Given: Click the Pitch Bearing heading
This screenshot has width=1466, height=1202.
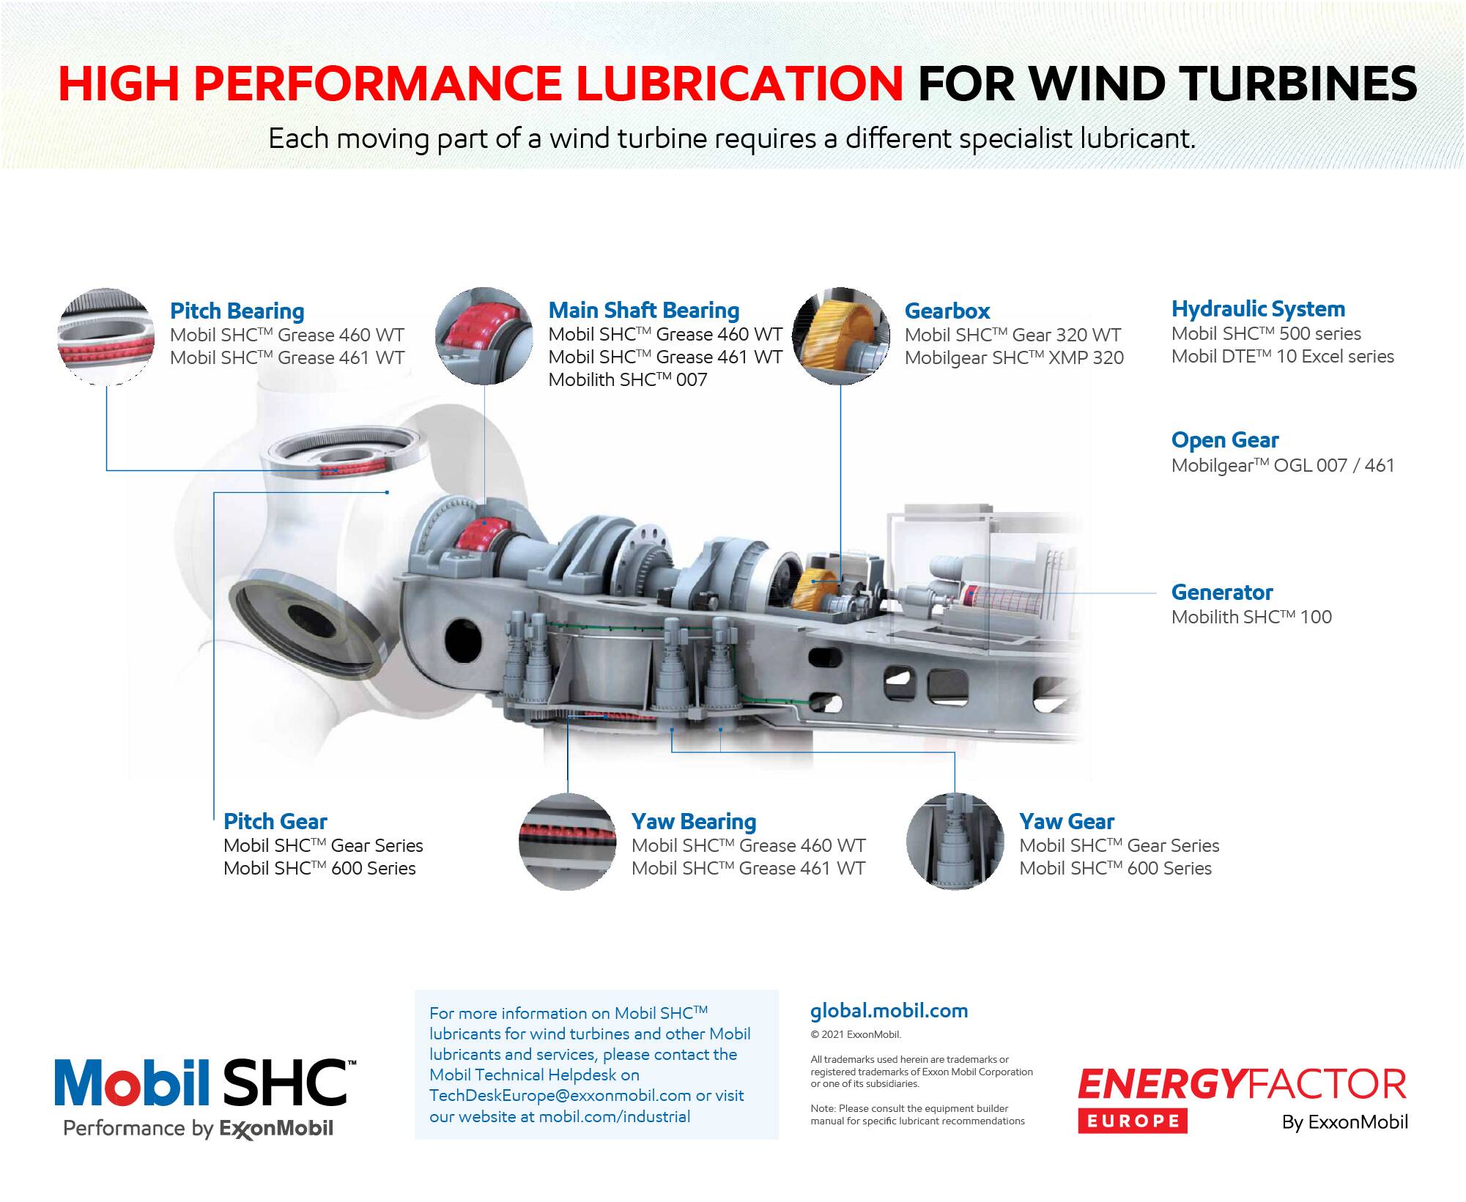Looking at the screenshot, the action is tap(237, 311).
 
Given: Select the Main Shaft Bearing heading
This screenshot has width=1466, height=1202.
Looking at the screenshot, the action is tap(644, 311).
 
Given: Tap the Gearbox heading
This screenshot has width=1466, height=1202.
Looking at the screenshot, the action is tap(947, 311).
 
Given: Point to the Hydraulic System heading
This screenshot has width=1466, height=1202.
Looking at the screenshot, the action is tap(1258, 309).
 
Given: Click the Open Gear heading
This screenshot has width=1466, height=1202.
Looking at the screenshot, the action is tap(1225, 440).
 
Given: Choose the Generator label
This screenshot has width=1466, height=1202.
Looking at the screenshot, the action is tap(1222, 592).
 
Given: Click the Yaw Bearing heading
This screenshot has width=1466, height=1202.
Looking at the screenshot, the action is tap(694, 822).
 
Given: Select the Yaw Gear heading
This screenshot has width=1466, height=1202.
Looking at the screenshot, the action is tap(1067, 822).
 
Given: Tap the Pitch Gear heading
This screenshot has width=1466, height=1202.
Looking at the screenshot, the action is tap(275, 822).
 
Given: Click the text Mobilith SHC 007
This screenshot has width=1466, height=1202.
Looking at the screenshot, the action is tap(628, 379).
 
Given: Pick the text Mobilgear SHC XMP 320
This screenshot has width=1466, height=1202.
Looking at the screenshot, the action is tap(1014, 357).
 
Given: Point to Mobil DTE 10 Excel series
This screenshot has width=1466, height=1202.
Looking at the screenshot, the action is tap(1283, 357).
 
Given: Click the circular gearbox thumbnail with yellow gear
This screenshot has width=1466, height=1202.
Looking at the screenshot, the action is tap(840, 335).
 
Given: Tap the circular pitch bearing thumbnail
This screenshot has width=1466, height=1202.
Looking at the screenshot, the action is tap(107, 336).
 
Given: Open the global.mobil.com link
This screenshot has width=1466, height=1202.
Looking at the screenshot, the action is tap(889, 1011).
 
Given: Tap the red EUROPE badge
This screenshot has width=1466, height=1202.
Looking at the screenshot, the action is tap(1132, 1121).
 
